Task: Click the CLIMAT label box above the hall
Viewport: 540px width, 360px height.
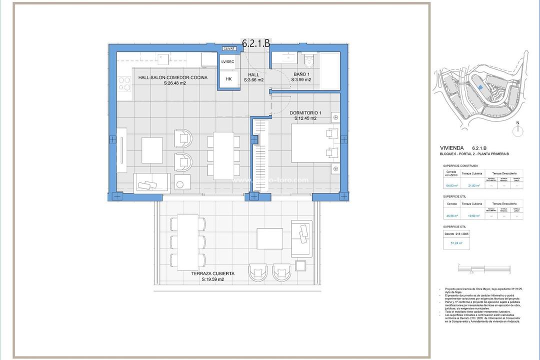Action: click(x=229, y=48)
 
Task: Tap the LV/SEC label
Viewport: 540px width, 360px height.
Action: click(x=227, y=61)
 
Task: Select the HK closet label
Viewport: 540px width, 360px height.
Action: click(x=228, y=79)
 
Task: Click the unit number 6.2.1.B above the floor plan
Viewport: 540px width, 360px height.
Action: click(x=255, y=43)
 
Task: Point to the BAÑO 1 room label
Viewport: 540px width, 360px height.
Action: click(x=302, y=74)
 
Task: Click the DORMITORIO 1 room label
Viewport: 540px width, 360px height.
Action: click(x=305, y=113)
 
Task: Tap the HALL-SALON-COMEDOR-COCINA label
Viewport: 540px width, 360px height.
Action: click(x=172, y=78)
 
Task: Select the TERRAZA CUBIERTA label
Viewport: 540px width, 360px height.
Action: click(x=212, y=274)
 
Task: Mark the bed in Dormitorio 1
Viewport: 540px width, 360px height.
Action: click(x=312, y=143)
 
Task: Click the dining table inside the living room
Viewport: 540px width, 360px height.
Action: click(x=223, y=155)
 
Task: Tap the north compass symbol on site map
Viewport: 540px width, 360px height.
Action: click(x=518, y=130)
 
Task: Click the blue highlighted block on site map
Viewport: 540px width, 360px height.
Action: click(x=479, y=87)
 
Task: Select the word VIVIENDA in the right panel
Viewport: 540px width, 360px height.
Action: click(x=452, y=148)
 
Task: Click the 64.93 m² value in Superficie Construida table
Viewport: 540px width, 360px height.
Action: click(x=451, y=185)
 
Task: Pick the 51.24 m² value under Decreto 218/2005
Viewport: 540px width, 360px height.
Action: click(x=457, y=243)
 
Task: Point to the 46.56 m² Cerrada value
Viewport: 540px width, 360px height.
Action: click(x=451, y=216)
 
